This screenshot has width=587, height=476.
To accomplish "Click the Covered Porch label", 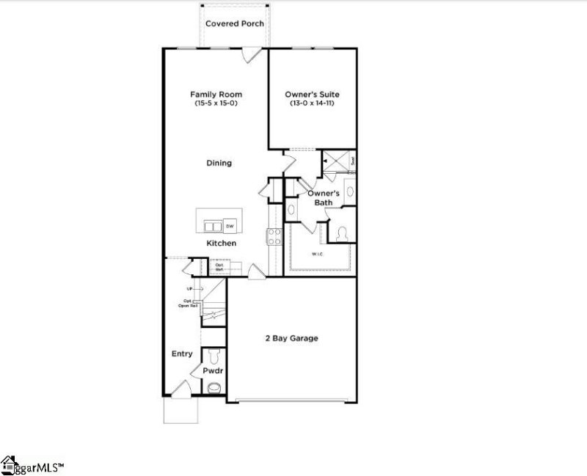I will [x=234, y=23].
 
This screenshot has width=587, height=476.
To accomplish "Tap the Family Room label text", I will [x=216, y=95].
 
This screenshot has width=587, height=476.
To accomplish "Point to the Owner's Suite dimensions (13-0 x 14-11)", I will [x=313, y=104].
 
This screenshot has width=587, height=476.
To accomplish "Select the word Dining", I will [x=219, y=163].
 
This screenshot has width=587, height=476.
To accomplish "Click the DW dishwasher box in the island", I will [x=230, y=226].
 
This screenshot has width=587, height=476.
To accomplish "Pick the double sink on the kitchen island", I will [x=211, y=226].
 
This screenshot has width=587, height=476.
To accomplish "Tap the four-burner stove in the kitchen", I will [x=274, y=236].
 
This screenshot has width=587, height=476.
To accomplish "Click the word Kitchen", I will [x=221, y=243].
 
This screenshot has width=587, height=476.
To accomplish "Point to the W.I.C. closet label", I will [x=317, y=255].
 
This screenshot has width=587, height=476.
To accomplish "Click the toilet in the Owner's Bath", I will [x=341, y=234].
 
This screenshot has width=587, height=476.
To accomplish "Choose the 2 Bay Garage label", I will [x=291, y=338].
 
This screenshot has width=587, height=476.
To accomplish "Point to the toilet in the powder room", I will [x=213, y=358].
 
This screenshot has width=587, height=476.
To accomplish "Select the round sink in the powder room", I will [x=214, y=389].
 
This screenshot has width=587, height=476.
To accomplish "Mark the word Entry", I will [x=182, y=354].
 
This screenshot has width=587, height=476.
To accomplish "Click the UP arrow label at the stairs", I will [x=189, y=289].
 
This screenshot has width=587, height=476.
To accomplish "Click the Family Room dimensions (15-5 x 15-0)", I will [x=216, y=104].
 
